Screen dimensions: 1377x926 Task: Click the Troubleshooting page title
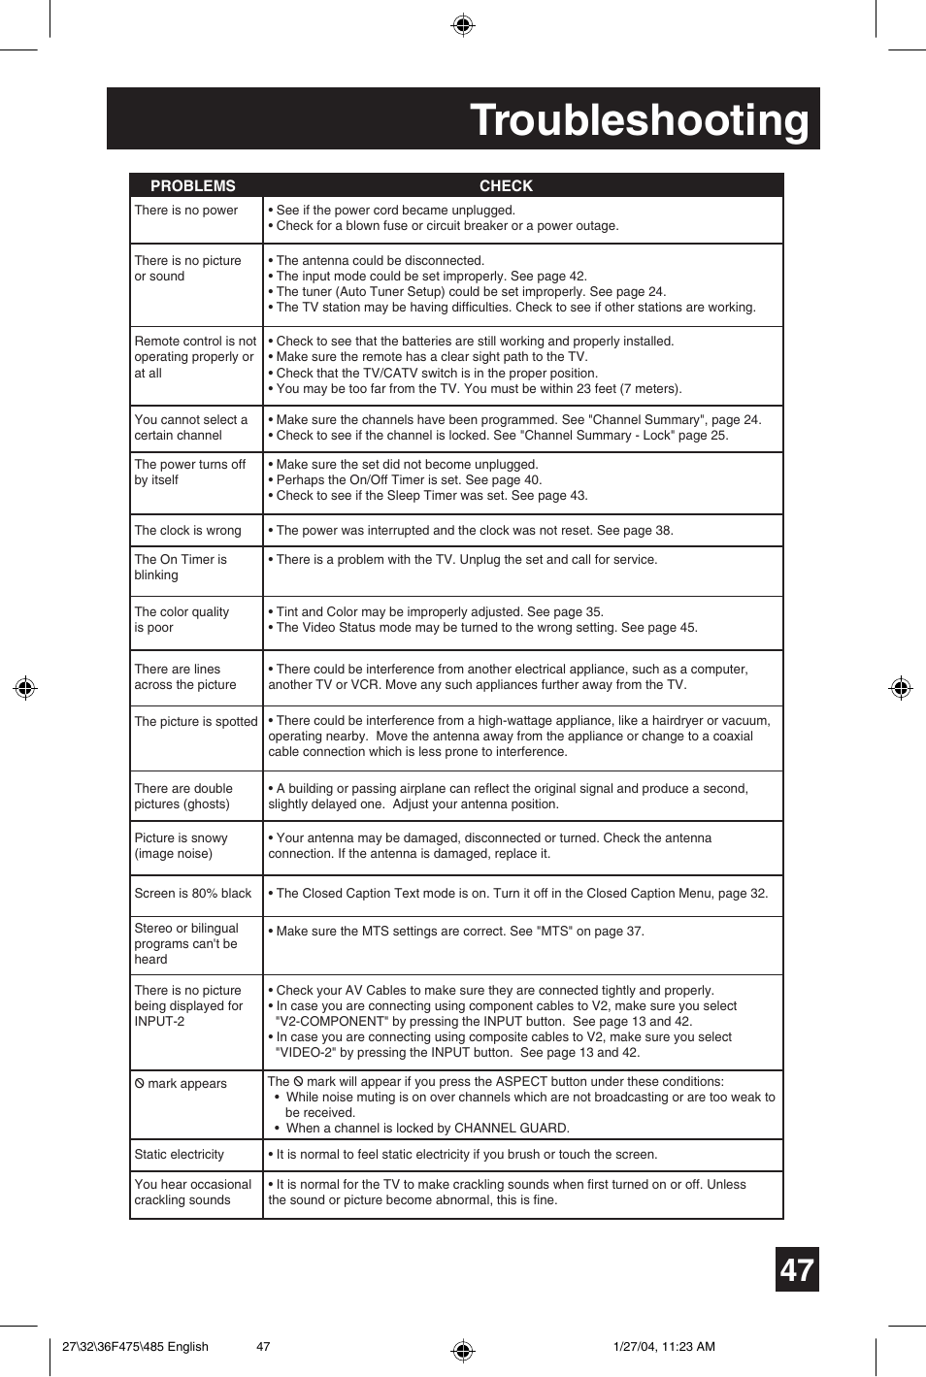coord(639,120)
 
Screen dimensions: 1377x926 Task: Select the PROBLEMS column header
coord(192,185)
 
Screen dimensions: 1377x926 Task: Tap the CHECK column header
coord(506,185)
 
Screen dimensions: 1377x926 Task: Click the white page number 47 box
coord(797,1269)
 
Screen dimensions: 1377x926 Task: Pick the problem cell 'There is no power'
coord(186,210)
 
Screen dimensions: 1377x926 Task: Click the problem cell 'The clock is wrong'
coord(187,530)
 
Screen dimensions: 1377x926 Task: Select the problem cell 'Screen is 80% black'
coord(192,893)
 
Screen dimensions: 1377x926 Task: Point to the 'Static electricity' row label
coord(179,1154)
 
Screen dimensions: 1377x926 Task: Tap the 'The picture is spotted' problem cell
coord(196,721)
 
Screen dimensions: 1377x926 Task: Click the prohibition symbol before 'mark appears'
coord(140,1083)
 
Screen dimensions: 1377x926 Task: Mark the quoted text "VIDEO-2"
coord(306,1052)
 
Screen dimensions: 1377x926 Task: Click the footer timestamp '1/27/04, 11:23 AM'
coord(664,1346)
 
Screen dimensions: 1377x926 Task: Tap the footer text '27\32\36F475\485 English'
coord(135,1346)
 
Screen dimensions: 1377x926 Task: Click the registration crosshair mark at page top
coord(463,25)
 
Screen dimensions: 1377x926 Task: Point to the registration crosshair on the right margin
coord(901,688)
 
